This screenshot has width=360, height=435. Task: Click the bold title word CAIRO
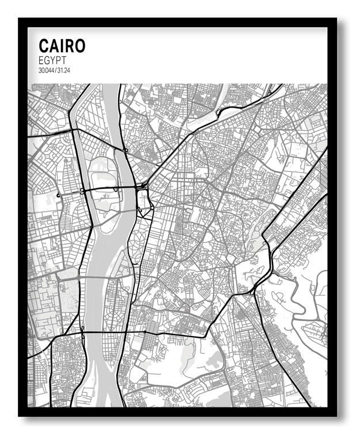[62, 46]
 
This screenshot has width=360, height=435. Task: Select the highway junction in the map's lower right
[253, 292]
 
